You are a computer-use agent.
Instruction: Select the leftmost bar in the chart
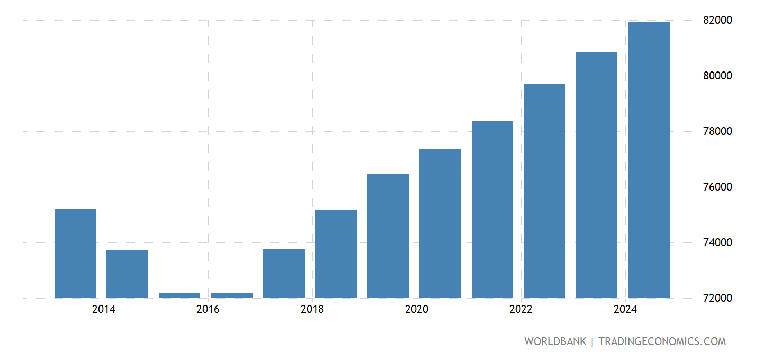pos(75,254)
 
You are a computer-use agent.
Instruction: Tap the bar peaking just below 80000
pos(544,191)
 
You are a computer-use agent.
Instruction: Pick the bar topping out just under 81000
pos(597,175)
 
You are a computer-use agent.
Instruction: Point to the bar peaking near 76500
pos(388,236)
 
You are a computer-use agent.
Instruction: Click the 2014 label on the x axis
pos(103,309)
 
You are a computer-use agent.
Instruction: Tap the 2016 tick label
pos(208,309)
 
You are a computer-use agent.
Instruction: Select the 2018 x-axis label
pos(312,309)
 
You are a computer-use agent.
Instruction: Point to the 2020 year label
pos(417,309)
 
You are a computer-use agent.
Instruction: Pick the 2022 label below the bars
pos(521,309)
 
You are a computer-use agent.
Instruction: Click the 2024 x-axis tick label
pos(625,309)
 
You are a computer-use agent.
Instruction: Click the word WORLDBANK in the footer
pos(555,341)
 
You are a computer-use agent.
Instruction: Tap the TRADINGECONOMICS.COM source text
pos(662,341)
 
